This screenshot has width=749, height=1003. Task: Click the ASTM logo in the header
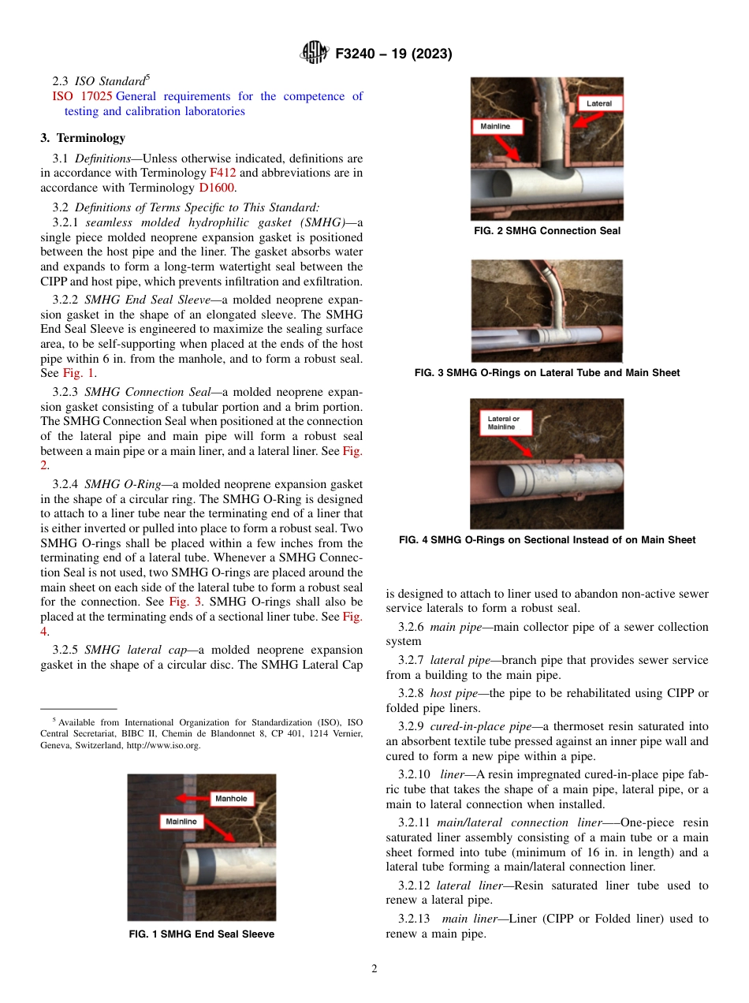point(315,54)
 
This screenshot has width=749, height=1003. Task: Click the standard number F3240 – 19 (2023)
point(393,54)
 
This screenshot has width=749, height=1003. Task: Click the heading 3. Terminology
point(83,138)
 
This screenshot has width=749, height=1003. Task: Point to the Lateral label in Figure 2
point(599,103)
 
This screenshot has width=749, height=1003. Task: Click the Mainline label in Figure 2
point(495,126)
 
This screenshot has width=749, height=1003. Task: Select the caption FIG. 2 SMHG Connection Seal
point(546,231)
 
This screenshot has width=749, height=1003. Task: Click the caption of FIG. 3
point(546,373)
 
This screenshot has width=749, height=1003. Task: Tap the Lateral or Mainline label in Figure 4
point(502,423)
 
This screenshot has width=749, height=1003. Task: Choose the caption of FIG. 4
point(546,540)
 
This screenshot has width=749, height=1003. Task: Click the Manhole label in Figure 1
point(231,799)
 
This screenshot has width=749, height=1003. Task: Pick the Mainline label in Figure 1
point(181,822)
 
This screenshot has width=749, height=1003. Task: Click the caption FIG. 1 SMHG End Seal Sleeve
point(201,934)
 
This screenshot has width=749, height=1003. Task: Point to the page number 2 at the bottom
point(374,970)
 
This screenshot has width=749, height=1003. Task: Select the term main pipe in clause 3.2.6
point(454,627)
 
